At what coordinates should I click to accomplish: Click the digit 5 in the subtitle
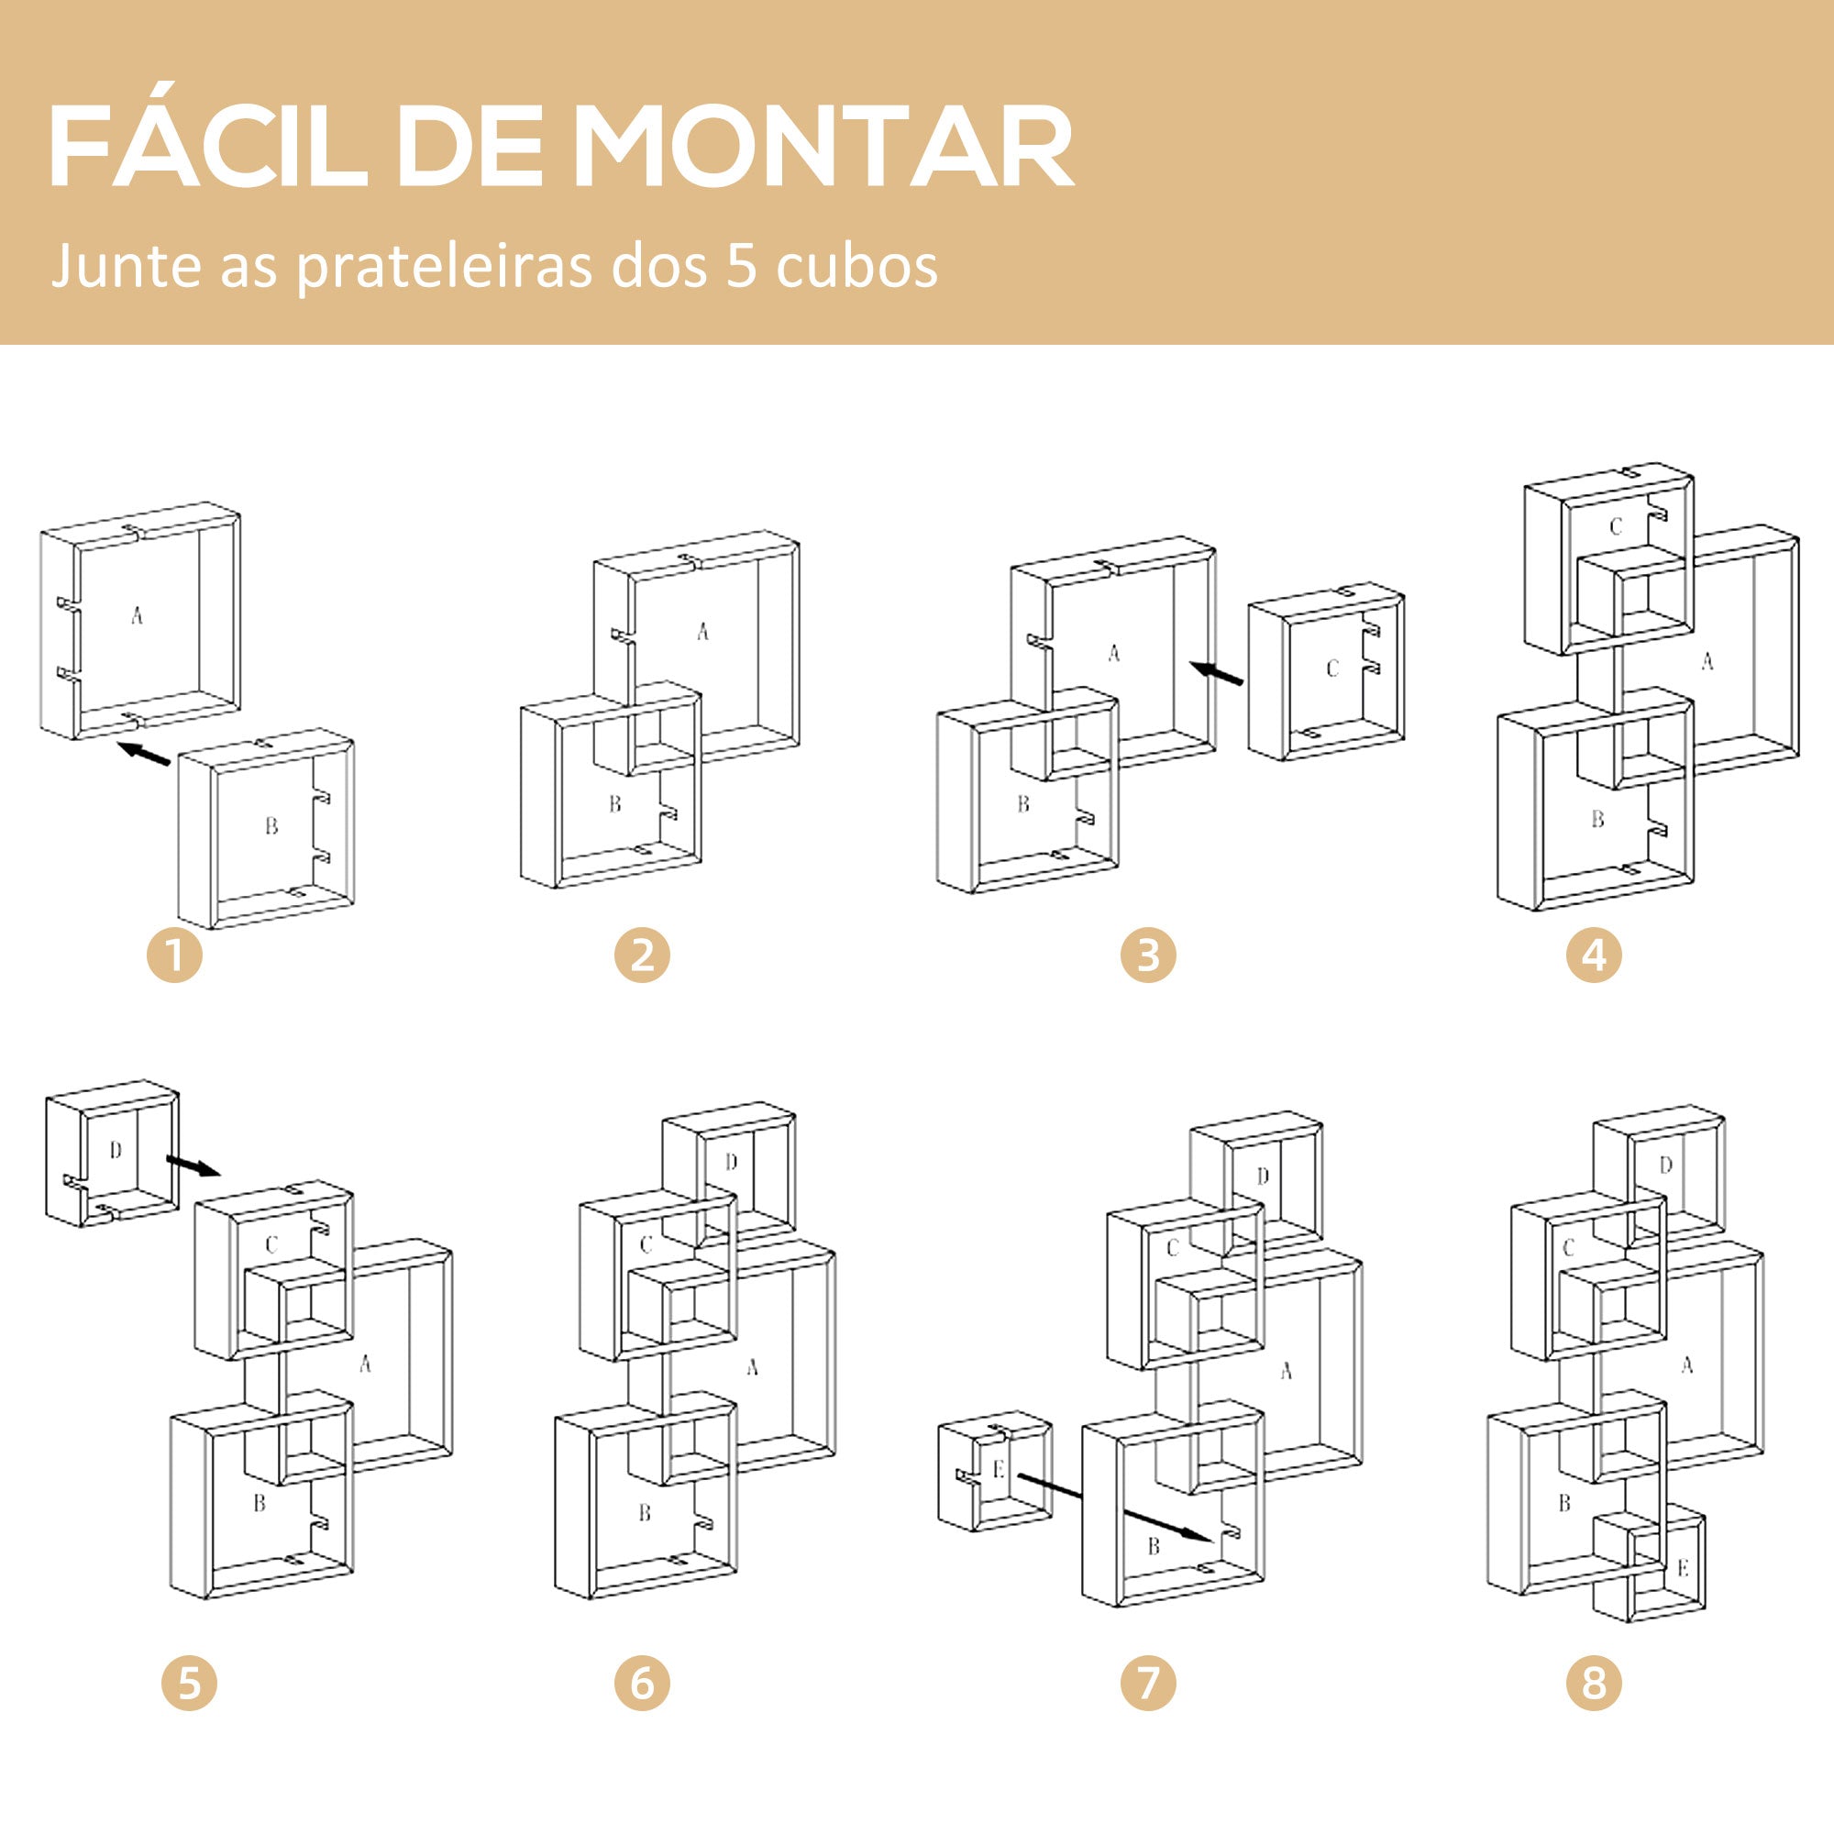click(x=741, y=265)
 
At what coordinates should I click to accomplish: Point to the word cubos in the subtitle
click(x=856, y=267)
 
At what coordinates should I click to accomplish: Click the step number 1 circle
click(x=174, y=954)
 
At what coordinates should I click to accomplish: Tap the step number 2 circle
click(x=642, y=954)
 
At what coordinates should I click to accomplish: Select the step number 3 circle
click(x=1148, y=954)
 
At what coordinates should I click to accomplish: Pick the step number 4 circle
click(x=1594, y=954)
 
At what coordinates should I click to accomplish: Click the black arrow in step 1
click(x=143, y=754)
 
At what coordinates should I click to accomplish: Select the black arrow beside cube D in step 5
click(x=193, y=1166)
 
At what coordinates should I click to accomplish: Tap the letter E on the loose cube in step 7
click(x=998, y=1469)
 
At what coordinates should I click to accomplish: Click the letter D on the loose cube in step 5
click(x=116, y=1151)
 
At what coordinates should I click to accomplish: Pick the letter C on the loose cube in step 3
click(x=1331, y=668)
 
